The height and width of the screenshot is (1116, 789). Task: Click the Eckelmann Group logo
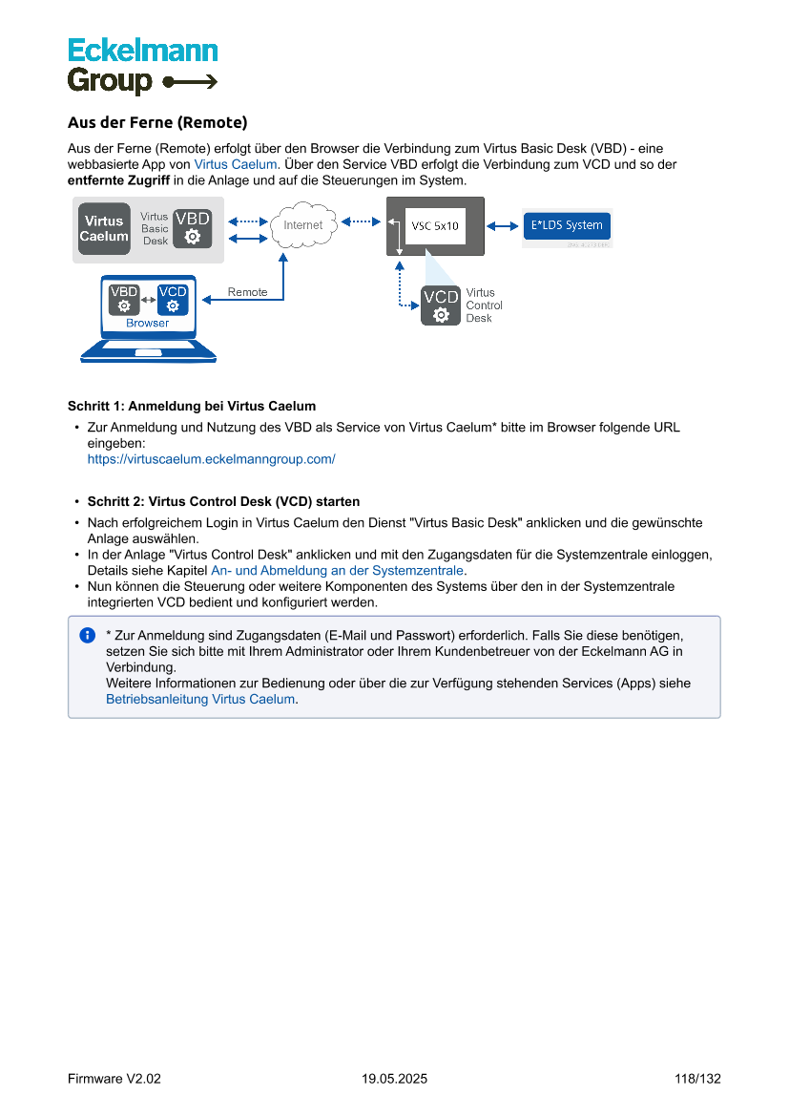tap(142, 66)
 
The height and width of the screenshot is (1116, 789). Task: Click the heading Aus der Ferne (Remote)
tap(157, 122)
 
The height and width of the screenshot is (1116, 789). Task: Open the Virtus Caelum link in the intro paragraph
tap(235, 164)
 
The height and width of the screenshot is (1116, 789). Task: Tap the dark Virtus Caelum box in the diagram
tap(103, 228)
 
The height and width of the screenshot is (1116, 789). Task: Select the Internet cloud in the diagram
tap(302, 225)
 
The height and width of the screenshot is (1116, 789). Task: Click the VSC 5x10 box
tap(435, 225)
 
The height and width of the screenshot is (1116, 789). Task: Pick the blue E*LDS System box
tap(567, 225)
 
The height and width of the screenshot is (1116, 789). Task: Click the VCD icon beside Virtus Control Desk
tap(441, 305)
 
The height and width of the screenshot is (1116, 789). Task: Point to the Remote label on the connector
tap(247, 292)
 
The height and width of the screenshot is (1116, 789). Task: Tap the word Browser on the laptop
tap(148, 323)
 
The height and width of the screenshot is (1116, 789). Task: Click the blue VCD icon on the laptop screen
tap(173, 299)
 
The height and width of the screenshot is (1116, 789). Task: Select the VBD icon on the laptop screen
tap(124, 299)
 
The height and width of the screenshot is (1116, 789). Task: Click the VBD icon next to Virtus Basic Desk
tap(192, 229)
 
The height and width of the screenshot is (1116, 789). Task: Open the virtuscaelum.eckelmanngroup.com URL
tap(211, 459)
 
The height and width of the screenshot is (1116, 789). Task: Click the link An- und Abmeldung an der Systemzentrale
tap(337, 570)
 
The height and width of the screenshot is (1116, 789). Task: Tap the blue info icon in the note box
tap(88, 635)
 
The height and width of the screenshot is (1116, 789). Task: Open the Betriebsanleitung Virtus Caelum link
tap(200, 699)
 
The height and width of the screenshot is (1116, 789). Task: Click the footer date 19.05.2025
tap(394, 1079)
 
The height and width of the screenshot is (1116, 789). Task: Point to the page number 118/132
tap(696, 1079)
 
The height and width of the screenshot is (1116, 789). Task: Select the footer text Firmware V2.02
tap(114, 1079)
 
